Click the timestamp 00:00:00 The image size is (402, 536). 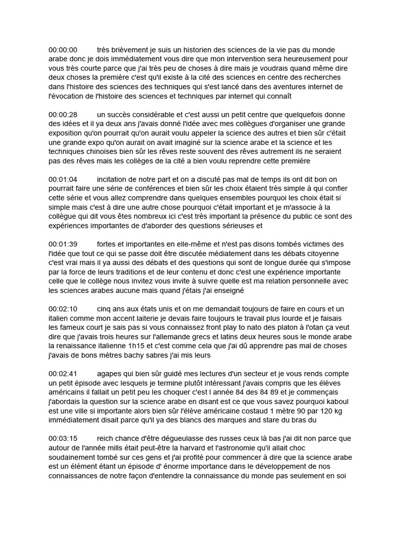[x=63, y=50]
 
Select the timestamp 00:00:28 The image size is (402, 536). [x=63, y=115]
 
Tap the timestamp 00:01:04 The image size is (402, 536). [x=63, y=180]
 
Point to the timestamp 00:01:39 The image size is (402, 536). [x=63, y=244]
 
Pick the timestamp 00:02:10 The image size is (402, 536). [x=63, y=309]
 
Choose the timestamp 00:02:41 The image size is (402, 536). [x=63, y=374]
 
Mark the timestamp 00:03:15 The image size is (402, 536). [x=63, y=439]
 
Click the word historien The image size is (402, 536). [x=186, y=50]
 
